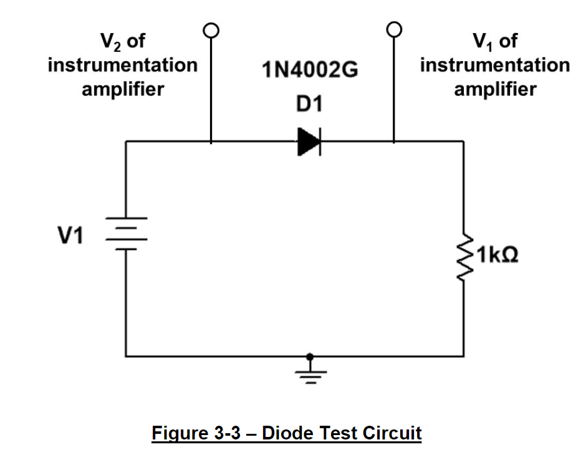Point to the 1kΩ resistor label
497,256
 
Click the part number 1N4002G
310,71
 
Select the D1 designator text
309,104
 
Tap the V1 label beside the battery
70,236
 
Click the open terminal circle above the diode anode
211,29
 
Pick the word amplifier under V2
123,89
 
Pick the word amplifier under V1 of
494,89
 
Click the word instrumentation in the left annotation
123,65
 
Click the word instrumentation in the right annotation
494,65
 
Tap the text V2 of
123,42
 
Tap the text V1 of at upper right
494,42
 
